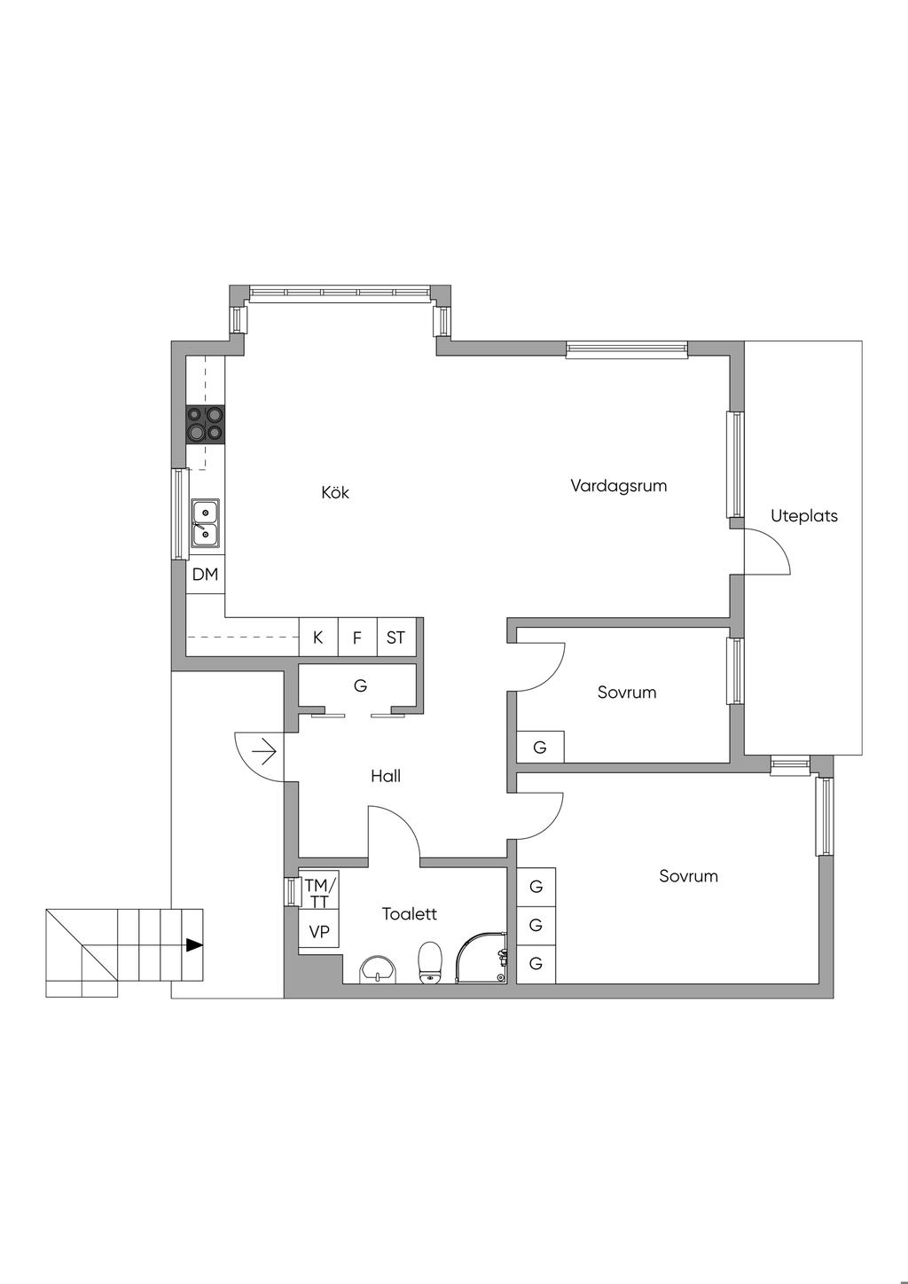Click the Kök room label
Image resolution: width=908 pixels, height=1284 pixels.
coord(335,492)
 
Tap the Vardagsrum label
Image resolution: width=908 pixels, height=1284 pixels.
coord(619,486)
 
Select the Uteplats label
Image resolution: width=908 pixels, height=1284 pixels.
coord(803,516)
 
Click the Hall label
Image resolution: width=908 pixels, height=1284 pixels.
coord(385,776)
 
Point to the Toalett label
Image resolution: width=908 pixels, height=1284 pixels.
coord(410,913)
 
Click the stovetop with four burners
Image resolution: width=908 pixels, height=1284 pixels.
coord(205,424)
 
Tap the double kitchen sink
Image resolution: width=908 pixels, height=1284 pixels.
coord(205,523)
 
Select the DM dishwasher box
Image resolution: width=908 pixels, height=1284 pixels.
coord(205,575)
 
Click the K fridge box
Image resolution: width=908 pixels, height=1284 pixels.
coord(318,637)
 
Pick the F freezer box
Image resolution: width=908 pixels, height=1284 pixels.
coord(357,637)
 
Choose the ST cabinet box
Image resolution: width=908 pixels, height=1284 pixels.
coord(396,637)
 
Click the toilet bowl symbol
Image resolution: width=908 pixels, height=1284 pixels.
coord(430,963)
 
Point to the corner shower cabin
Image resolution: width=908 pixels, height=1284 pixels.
coord(481,958)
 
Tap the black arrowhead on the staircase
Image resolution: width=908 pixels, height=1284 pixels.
coord(195,945)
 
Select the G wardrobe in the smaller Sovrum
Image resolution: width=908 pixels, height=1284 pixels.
coord(540,748)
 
